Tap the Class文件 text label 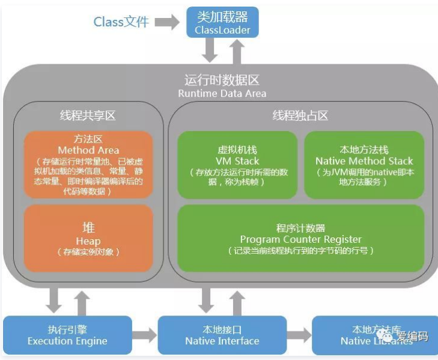(x=121, y=22)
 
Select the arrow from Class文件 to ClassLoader (x=167, y=23)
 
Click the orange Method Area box (x=88, y=164)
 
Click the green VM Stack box (x=237, y=164)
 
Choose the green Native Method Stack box (x=364, y=164)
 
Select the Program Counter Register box (x=300, y=239)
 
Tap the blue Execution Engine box (x=67, y=335)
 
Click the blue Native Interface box (x=222, y=335)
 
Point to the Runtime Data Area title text (x=222, y=87)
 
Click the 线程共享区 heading (x=88, y=115)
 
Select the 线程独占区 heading (x=300, y=115)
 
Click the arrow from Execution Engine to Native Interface (x=144, y=335)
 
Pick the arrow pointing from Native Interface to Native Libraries (x=299, y=335)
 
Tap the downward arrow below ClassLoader (x=210, y=50)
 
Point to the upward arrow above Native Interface (x=237, y=300)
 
